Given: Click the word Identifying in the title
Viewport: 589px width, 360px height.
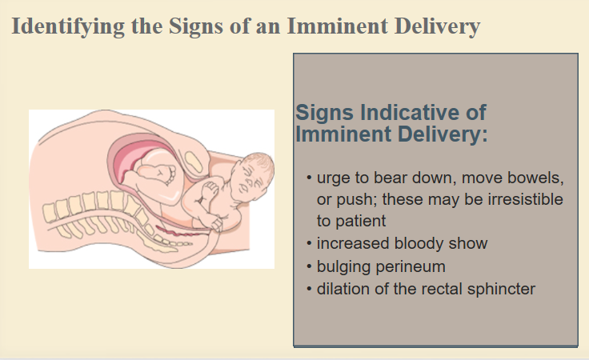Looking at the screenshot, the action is pyautogui.click(x=68, y=26).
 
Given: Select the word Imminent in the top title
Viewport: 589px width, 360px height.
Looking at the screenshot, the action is pyautogui.click(x=338, y=26).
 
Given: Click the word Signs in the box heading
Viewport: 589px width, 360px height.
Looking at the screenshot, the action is pyautogui.click(x=325, y=113).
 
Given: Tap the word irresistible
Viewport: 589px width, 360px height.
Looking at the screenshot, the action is pyautogui.click(x=525, y=199).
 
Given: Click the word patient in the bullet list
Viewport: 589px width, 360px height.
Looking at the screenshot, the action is pyautogui.click(x=361, y=221).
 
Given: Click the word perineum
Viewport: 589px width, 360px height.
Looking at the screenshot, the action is pyautogui.click(x=411, y=267).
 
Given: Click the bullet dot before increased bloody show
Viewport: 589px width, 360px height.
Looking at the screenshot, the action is pyautogui.click(x=309, y=243).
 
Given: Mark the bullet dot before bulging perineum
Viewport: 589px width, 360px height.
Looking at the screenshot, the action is pyautogui.click(x=309, y=266).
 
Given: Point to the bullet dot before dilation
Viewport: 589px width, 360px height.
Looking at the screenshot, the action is pyautogui.click(x=309, y=289).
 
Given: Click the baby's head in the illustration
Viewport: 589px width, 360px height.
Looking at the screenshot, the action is pyautogui.click(x=251, y=176).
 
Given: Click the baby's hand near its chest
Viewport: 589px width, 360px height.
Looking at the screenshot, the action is pyautogui.click(x=210, y=190).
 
